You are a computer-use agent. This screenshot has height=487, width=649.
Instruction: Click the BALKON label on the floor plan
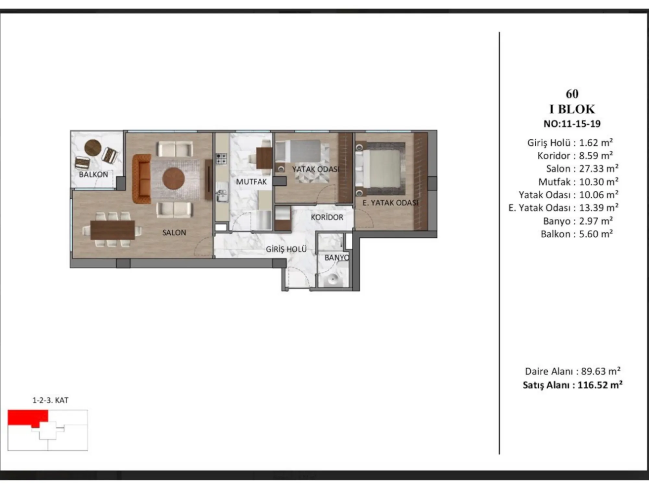(x=93, y=174)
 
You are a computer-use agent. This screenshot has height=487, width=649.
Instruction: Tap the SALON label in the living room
(x=174, y=232)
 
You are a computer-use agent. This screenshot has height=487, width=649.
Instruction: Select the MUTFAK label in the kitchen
(x=251, y=182)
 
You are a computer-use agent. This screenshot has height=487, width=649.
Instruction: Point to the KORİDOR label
(x=327, y=217)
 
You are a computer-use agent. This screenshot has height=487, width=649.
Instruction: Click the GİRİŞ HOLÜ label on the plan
(x=286, y=249)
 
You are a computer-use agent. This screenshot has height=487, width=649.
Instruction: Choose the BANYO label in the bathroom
(x=337, y=257)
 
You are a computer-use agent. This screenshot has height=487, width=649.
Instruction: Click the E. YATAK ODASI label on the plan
(x=390, y=203)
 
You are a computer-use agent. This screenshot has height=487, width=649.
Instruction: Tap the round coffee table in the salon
(x=174, y=179)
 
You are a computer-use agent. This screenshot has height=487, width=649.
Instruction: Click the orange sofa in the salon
(x=142, y=179)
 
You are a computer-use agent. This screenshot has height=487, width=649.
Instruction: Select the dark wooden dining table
(x=113, y=230)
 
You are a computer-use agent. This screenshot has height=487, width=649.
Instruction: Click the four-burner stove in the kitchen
(x=221, y=159)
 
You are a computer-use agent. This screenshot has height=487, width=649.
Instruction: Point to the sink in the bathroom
(x=332, y=279)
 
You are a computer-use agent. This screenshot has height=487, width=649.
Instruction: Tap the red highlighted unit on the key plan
(x=28, y=418)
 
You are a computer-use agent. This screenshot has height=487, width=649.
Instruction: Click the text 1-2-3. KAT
(x=50, y=400)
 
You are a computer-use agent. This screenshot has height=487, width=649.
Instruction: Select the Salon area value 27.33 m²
(x=599, y=169)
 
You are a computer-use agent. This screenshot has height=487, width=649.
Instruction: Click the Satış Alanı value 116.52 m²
(x=600, y=385)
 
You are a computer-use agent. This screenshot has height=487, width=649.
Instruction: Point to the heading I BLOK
(x=572, y=109)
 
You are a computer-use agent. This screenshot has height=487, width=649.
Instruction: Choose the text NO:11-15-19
(x=572, y=124)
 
